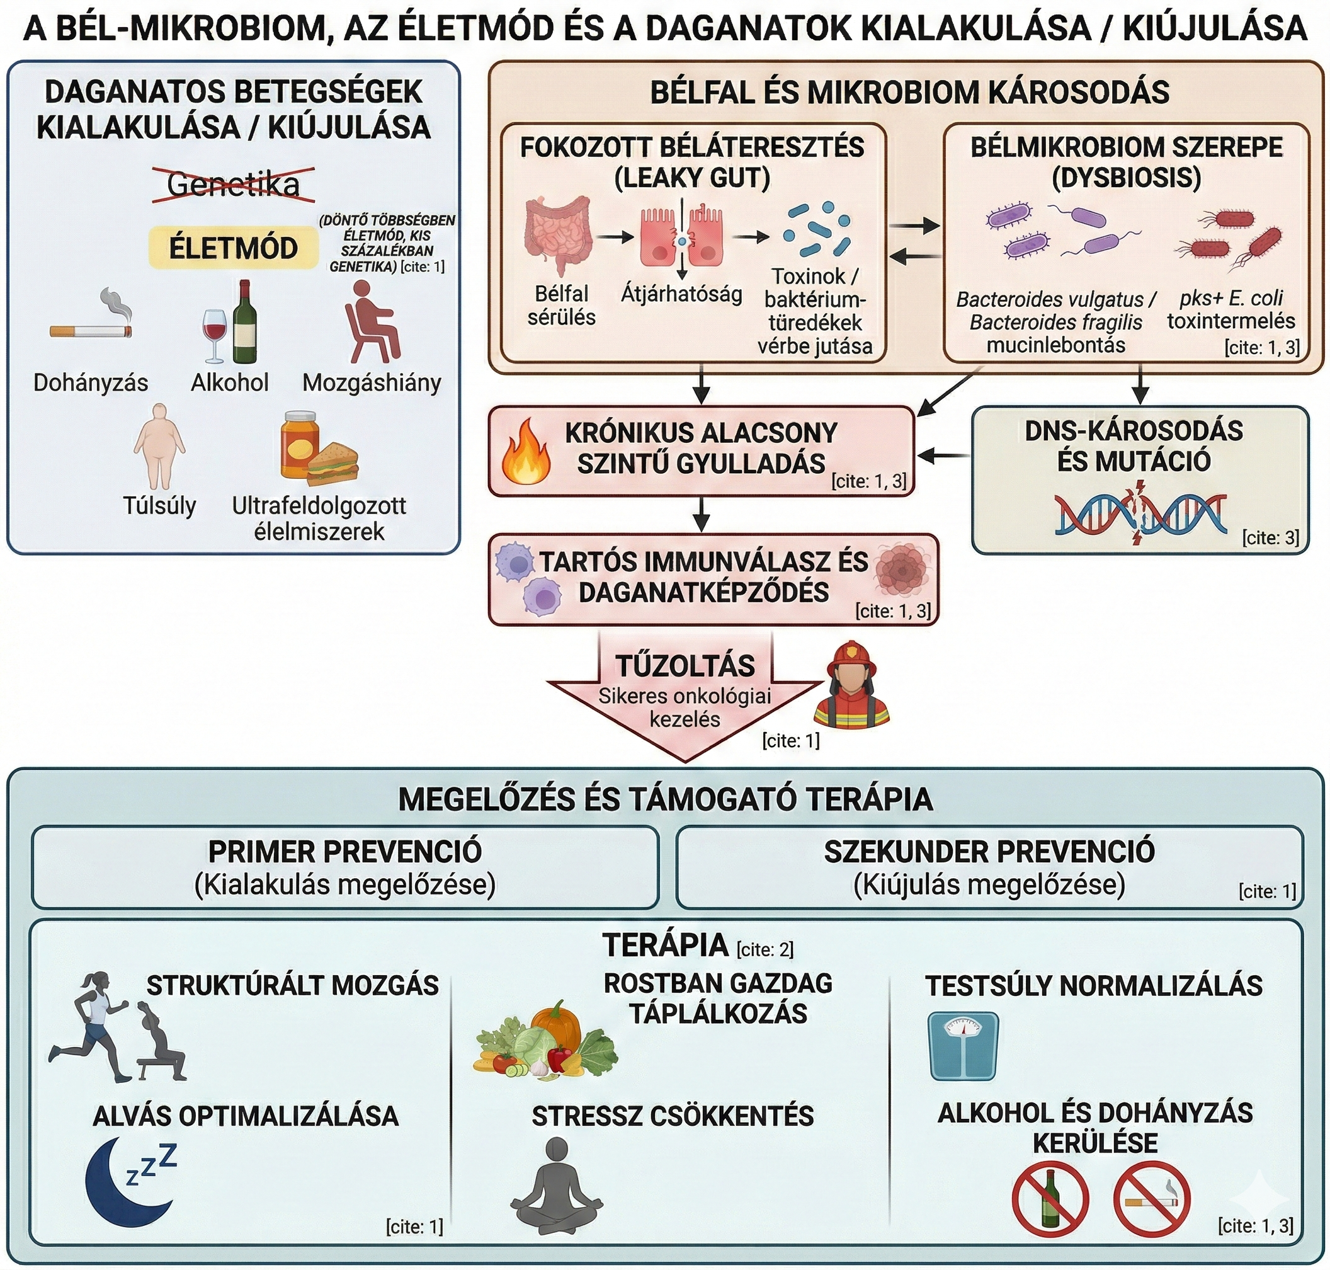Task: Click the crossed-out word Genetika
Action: [233, 184]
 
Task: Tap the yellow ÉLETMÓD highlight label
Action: [233, 248]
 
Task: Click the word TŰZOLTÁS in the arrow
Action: [685, 666]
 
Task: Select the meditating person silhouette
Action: [556, 1186]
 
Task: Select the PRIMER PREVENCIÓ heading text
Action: [344, 852]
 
